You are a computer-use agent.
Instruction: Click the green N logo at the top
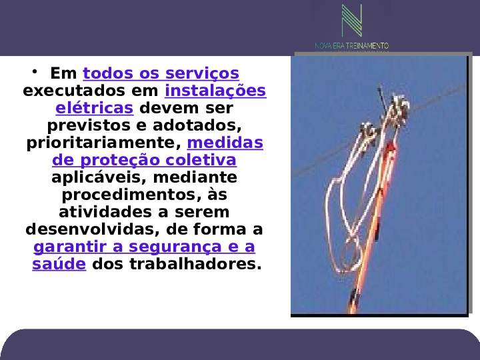pos(352,21)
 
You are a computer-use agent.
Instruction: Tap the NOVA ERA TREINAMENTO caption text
pos(352,46)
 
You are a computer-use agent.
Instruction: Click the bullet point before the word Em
pos(34,71)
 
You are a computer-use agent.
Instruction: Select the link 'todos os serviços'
pos(161,73)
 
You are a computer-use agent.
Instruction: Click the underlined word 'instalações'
pos(215,91)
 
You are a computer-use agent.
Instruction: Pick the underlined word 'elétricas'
pos(95,108)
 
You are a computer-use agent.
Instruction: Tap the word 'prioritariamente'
pos(104,143)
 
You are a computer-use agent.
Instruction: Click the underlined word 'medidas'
pos(225,143)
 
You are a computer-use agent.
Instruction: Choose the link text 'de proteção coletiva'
pos(144,160)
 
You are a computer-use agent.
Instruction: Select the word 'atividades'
pos(109,212)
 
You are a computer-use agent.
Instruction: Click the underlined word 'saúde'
pos(59,264)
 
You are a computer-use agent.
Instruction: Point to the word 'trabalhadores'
pos(195,264)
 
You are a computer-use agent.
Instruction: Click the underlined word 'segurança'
pos(175,247)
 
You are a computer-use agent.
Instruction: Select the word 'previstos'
pos(89,125)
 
